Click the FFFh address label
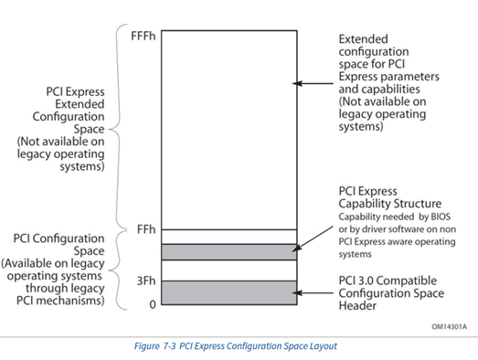pos(143,37)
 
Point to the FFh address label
pos(145,229)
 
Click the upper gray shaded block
pos(228,251)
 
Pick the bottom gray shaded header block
pos(228,292)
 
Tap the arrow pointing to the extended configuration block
pos(315,84)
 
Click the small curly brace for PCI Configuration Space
pos(121,266)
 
